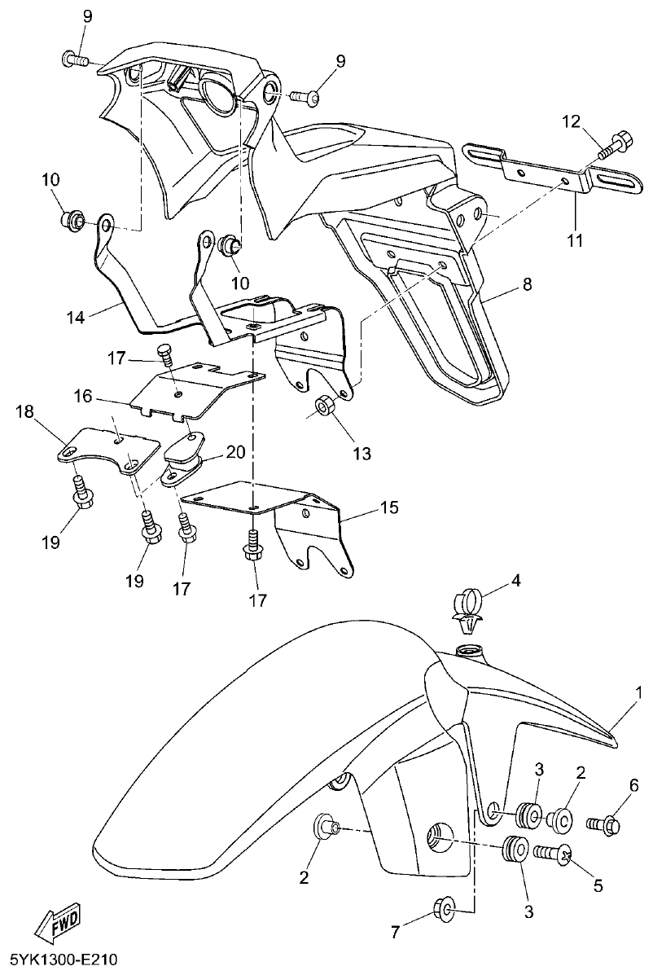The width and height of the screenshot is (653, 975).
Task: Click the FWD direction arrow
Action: [x=55, y=924]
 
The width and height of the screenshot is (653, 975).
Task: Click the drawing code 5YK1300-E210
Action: [x=63, y=960]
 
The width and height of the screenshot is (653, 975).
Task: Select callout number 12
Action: [x=571, y=122]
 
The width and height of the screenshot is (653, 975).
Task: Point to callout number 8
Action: [x=527, y=284]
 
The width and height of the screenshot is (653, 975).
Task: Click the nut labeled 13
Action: [x=323, y=405]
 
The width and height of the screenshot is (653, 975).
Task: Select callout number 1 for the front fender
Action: [x=639, y=692]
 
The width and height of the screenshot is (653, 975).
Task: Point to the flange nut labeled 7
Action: [x=445, y=906]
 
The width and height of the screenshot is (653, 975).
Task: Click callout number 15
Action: [x=389, y=507]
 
